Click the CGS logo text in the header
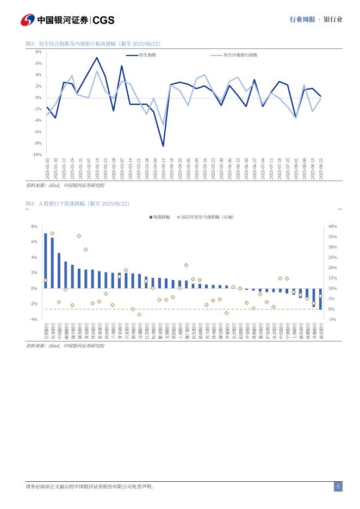[103, 20]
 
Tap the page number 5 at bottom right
[338, 487]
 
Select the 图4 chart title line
[78, 203]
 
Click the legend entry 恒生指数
[147, 55]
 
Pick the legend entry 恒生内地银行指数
[240, 55]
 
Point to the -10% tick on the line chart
[36, 154]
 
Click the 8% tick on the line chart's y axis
[39, 52]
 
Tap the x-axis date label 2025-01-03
[47, 169]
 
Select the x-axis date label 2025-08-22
[321, 169]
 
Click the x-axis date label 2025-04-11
[163, 169]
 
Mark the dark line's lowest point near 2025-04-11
[163, 146]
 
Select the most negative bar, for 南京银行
[320, 299]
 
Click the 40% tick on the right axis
[332, 226]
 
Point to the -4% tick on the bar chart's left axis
[34, 319]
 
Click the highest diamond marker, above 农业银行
[52, 233]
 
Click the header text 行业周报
[302, 20]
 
